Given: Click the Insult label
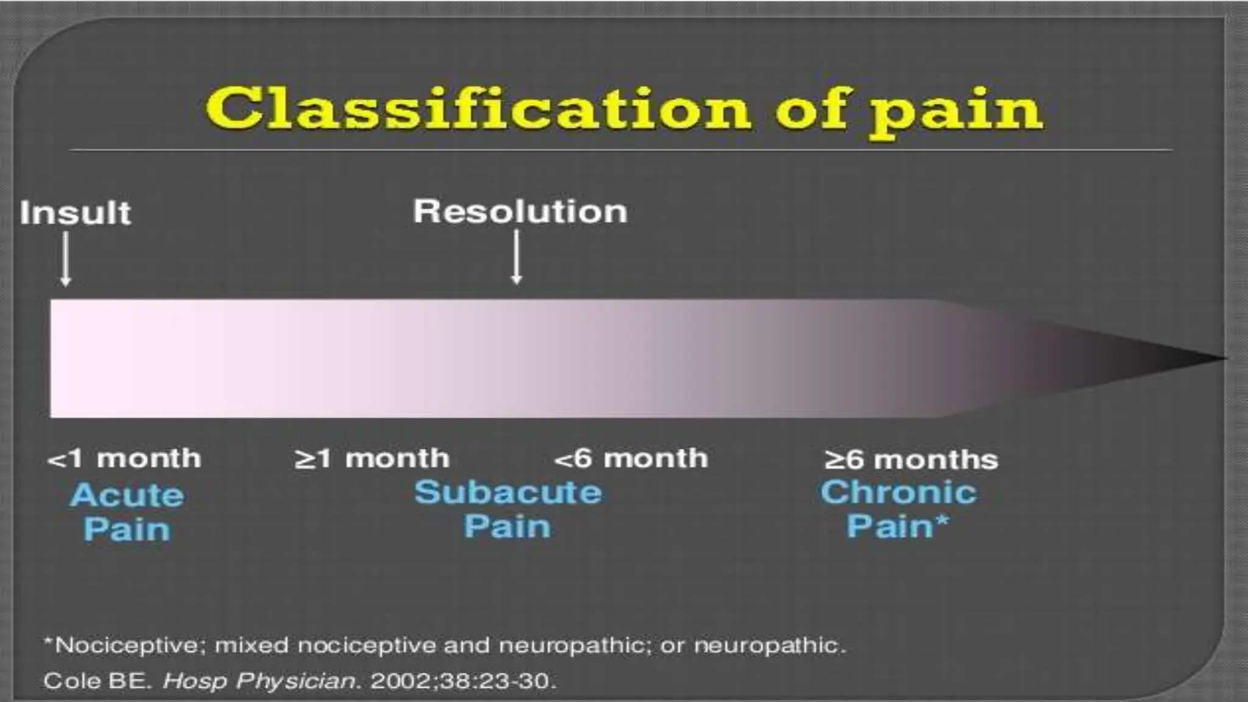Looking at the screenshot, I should click(75, 213).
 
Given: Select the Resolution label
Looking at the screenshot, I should click(520, 211).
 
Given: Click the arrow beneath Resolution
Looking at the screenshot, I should click(516, 257).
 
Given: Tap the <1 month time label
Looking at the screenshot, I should click(124, 458).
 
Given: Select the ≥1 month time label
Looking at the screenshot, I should click(372, 458).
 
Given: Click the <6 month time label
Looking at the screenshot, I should click(631, 458).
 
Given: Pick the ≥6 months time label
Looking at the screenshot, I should click(911, 459).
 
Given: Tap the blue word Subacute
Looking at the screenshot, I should click(508, 492).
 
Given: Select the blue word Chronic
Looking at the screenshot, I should click(898, 492).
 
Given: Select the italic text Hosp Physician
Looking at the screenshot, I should click(259, 681).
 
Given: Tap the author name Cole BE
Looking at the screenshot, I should click(96, 681).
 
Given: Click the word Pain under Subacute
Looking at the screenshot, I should click(507, 526).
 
